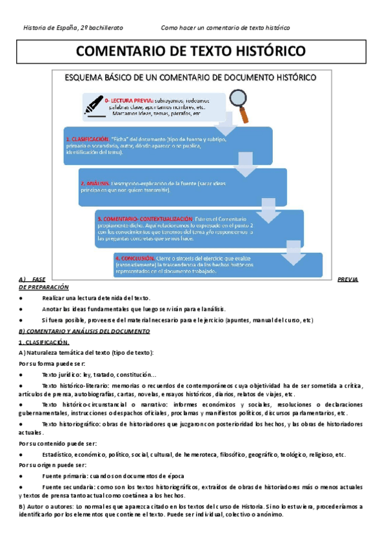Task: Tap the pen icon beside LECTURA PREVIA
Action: point(95,104)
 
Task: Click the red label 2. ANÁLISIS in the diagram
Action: point(96,184)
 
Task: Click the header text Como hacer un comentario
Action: point(225,28)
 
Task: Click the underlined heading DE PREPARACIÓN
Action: point(44,286)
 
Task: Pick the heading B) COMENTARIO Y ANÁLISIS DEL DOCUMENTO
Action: point(84,331)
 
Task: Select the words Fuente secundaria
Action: point(66,487)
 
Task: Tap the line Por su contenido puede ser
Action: point(57,444)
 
